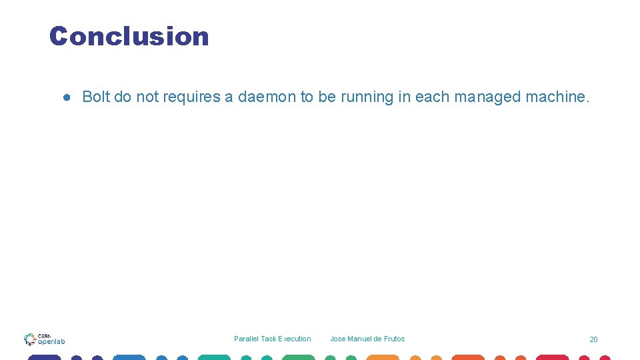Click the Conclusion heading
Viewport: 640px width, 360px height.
[129, 36]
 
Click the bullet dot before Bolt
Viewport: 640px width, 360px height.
[67, 97]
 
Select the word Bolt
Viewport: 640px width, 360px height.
[96, 97]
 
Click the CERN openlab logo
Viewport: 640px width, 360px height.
[44, 339]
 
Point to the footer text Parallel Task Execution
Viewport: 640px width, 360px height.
[272, 339]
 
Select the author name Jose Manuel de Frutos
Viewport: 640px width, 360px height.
[367, 339]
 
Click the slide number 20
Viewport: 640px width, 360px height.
[593, 339]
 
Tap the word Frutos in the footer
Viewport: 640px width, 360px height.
[393, 339]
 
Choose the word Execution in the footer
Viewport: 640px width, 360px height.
[294, 339]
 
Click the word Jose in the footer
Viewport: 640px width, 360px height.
[338, 339]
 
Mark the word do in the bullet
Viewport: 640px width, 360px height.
[123, 97]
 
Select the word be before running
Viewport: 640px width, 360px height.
[327, 97]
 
